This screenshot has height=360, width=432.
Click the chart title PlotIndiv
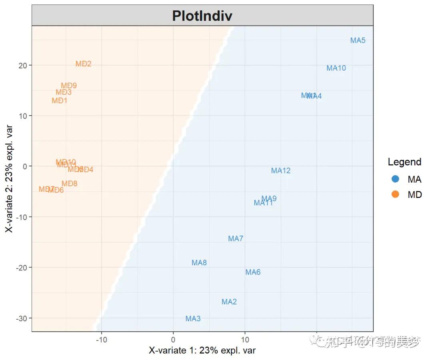[202, 16]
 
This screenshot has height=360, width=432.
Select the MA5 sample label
[358, 40]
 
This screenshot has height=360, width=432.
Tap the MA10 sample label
[336, 68]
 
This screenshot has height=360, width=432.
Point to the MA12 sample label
[281, 171]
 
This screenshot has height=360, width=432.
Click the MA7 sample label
[236, 239]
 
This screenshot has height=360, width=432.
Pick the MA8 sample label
[199, 263]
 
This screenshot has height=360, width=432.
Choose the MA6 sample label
[253, 272]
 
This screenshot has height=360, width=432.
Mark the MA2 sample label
[229, 302]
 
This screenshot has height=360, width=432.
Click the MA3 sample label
[193, 318]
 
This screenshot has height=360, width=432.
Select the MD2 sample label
[84, 64]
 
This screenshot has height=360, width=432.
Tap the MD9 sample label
[69, 86]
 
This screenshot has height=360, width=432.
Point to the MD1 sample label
[60, 101]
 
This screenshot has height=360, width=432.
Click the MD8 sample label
[70, 184]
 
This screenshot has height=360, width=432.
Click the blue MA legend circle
[395, 179]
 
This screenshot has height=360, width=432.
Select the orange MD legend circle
[395, 195]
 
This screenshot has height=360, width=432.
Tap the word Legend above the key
[404, 162]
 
